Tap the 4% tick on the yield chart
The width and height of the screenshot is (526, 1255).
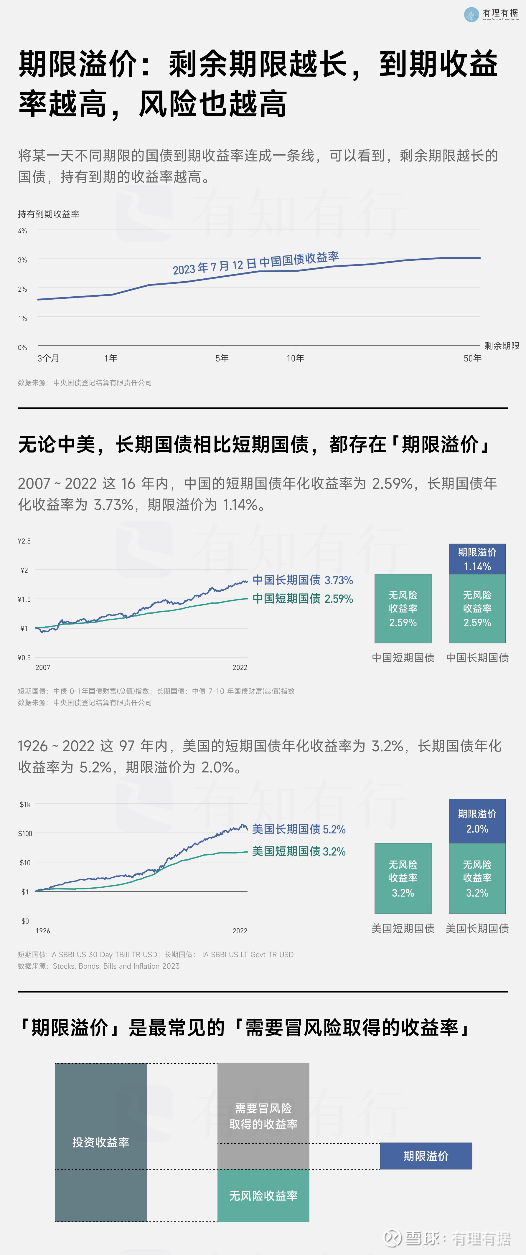click(22, 231)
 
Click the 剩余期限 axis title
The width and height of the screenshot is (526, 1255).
click(502, 346)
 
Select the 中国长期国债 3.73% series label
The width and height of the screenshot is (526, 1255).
click(302, 580)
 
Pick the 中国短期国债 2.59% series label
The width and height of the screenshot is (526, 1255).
click(302, 599)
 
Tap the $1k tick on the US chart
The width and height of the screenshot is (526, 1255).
click(25, 804)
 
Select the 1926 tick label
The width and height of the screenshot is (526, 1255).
click(43, 931)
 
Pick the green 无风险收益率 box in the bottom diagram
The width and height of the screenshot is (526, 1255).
click(263, 1195)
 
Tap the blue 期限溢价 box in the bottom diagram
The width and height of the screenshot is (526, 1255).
click(426, 1156)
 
